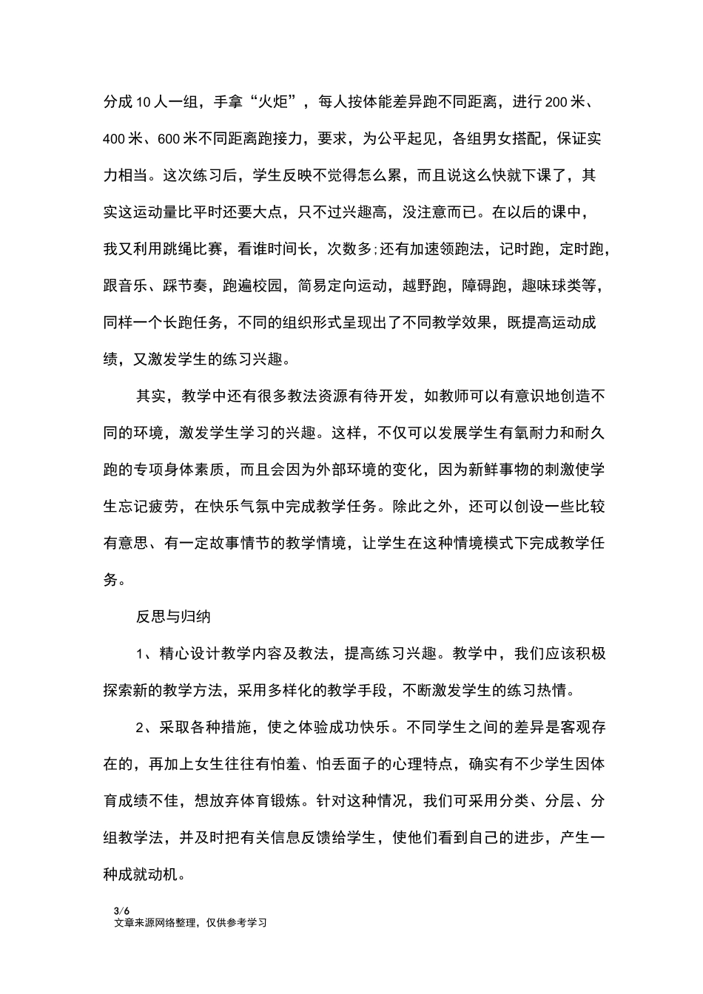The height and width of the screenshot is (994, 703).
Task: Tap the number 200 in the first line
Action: [556, 102]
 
